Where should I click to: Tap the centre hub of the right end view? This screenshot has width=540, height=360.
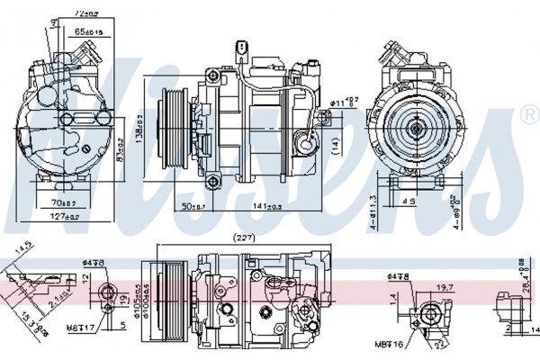point(416,129)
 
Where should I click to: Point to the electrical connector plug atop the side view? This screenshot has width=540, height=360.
point(241,48)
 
